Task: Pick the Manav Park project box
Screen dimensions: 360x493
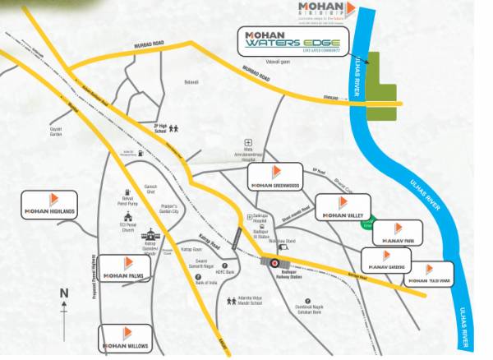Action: coord(397,233)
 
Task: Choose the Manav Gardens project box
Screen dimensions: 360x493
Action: coord(387,260)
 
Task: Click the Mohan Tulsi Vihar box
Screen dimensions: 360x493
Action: coord(429,272)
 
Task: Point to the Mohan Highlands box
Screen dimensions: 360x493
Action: coord(51,203)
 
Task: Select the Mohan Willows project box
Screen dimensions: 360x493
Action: coord(127,337)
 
